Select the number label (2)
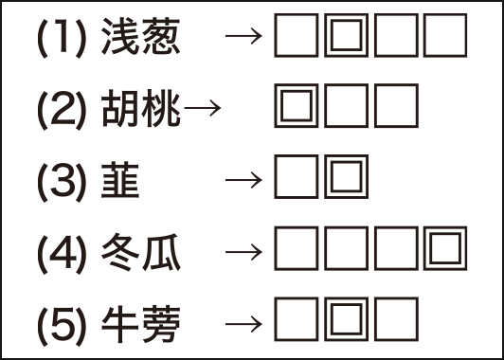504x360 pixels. tap(63, 110)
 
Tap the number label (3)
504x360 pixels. tap(63, 180)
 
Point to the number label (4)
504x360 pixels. tap(63, 251)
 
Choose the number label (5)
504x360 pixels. tap(63, 322)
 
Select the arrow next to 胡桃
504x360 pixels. tap(202, 109)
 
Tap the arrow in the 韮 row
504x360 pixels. tap(244, 180)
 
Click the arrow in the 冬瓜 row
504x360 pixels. tap(244, 251)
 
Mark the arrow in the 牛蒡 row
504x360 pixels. tap(244, 322)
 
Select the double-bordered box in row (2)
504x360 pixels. tap(297, 108)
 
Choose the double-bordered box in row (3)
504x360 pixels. tap(347, 179)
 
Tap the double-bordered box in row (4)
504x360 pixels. tap(446, 250)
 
